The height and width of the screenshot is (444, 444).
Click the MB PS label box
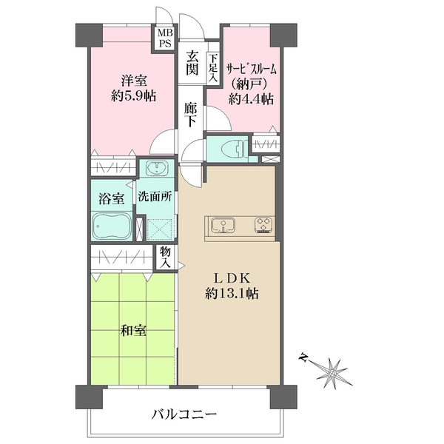(x=164, y=38)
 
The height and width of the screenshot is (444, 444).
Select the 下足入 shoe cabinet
(x=212, y=67)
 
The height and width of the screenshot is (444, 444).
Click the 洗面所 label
(x=155, y=198)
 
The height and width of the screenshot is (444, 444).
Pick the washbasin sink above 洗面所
(x=156, y=167)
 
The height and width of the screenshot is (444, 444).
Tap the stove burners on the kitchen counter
(x=263, y=223)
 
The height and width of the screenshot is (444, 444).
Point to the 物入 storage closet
(x=166, y=258)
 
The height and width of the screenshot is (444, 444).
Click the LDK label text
(x=234, y=277)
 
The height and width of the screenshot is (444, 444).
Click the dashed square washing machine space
(x=161, y=229)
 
